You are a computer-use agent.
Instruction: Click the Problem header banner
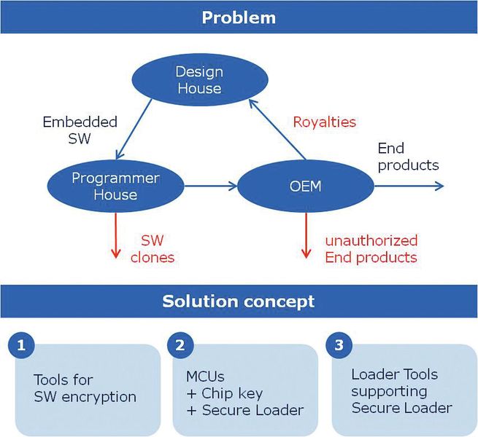coord(239,17)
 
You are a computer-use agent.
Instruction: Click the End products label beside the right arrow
coord(407,157)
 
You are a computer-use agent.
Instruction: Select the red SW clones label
coord(158,248)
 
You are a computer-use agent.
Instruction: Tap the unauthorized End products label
coord(371,248)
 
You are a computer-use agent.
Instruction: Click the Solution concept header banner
coord(239,301)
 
